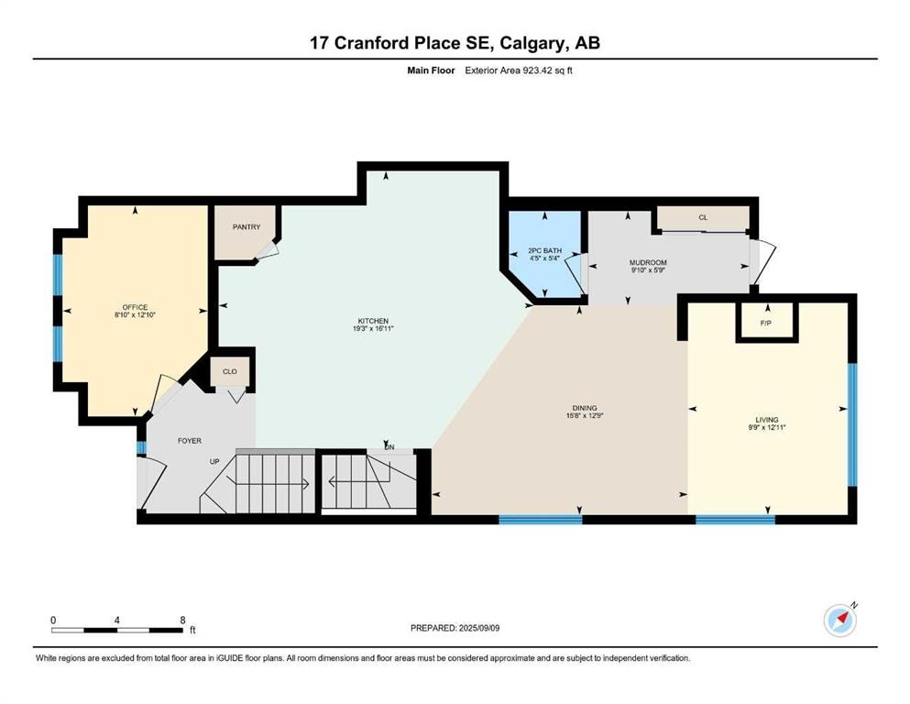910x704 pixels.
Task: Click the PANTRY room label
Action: coord(247,227)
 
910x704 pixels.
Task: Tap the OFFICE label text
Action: coord(135,307)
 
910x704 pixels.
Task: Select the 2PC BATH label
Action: coord(544,251)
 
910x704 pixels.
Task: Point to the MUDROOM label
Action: coord(648,262)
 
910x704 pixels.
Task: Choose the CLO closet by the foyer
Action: coord(230,371)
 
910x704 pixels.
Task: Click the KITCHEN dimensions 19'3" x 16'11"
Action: coord(373,328)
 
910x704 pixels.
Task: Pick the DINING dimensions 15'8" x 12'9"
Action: coord(585,415)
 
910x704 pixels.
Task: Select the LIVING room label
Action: coord(767,420)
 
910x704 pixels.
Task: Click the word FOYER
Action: coord(189,441)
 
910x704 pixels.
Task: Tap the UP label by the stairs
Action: coord(214,461)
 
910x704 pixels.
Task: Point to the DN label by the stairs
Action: coord(389,447)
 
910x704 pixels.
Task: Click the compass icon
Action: coord(839,621)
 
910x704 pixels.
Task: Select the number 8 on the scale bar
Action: coord(182,620)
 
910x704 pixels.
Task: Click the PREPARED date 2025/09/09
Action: coord(478,628)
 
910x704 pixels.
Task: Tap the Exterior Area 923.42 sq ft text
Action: coord(519,71)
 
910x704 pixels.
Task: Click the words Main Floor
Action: coord(431,71)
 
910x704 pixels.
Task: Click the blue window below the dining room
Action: coord(541,519)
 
